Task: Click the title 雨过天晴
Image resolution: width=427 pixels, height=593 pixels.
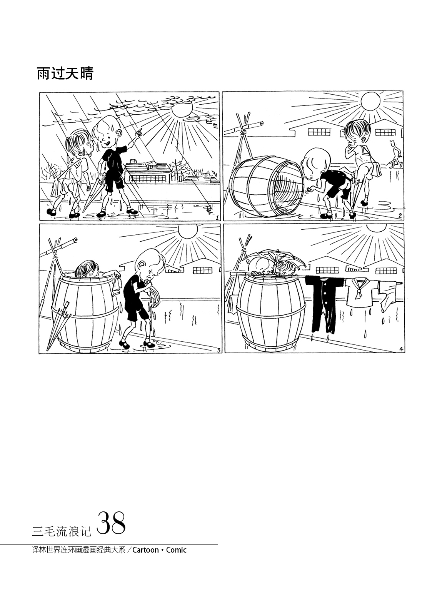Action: pyautogui.click(x=65, y=73)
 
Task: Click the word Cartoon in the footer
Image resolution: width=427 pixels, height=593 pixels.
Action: pyautogui.click(x=145, y=550)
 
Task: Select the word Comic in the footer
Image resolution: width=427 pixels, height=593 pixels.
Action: pyautogui.click(x=176, y=550)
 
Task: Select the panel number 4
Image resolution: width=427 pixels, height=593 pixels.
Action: pyautogui.click(x=401, y=349)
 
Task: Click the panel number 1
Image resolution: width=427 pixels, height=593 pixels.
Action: pyautogui.click(x=217, y=217)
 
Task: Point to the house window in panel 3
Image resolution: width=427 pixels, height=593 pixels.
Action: pyautogui.click(x=202, y=270)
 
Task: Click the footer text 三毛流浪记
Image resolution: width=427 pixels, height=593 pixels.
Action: pyautogui.click(x=62, y=530)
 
